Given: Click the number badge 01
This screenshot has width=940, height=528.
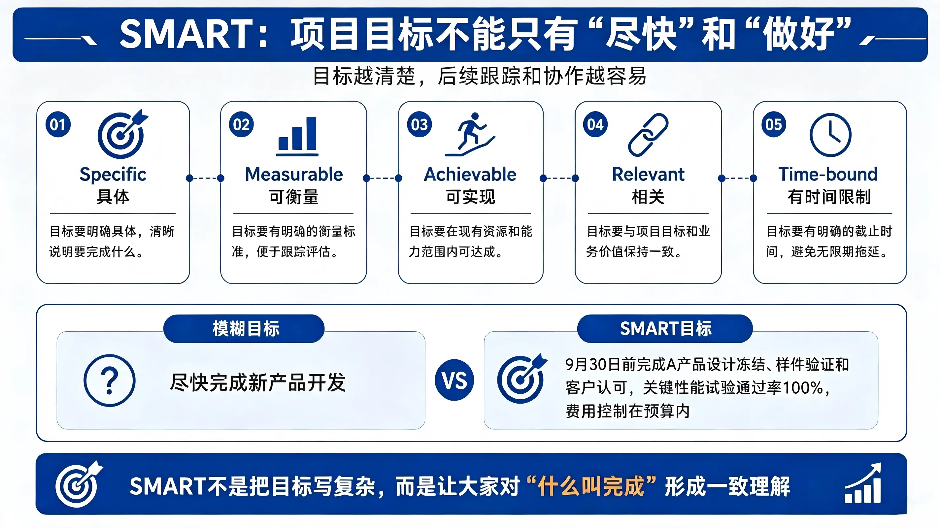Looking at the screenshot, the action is coord(58,124).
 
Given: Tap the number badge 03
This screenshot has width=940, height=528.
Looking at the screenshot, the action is coord(419,124).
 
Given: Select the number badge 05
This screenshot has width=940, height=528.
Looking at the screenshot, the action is coord(774,124).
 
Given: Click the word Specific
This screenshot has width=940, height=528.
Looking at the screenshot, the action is coord(113,175).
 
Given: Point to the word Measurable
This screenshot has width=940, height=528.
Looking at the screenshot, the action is coord(294,175).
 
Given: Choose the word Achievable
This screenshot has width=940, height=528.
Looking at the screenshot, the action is coord(470,175).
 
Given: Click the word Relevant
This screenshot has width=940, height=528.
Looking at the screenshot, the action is coord(648,175).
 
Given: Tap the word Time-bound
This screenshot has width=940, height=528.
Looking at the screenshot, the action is coord(828,175).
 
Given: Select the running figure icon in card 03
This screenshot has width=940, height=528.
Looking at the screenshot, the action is coord(470,134).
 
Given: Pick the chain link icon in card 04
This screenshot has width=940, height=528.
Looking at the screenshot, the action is coord(648,135).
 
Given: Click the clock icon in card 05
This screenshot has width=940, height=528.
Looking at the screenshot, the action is coord(830,135).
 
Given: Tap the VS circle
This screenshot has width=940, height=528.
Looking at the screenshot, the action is coord(454,380).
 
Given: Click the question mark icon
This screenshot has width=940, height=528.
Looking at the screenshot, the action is coord(110,380).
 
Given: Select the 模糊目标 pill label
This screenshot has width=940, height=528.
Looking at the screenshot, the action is coord(244,328).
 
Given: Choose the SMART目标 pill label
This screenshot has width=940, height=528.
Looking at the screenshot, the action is coord(665,328).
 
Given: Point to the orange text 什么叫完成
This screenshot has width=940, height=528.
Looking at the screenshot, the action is coord(591,486).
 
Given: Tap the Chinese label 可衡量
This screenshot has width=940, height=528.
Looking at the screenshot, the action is coord(294,197).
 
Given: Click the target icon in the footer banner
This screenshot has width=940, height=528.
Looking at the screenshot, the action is coord(79,484).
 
